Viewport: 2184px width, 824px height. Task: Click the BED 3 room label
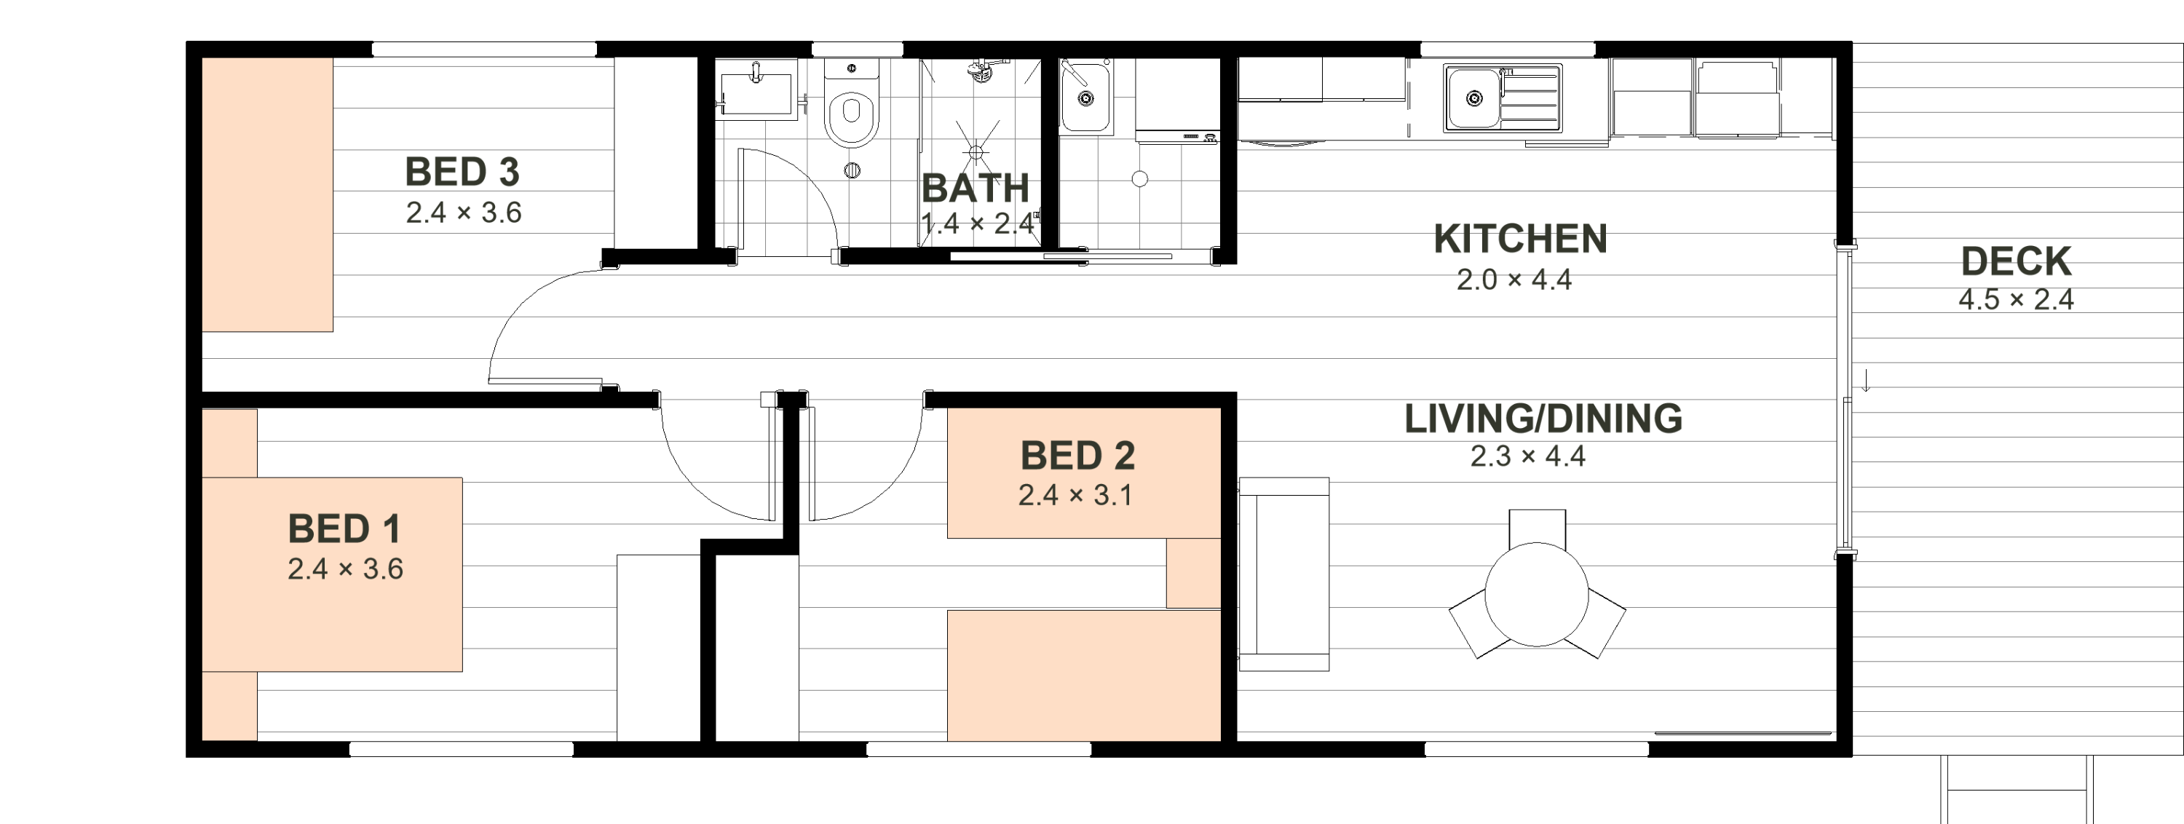pos(462,172)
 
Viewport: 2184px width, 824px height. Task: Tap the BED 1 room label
pos(344,529)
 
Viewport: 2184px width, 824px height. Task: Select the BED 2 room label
pos(1077,456)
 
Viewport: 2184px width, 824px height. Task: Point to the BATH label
pos(975,189)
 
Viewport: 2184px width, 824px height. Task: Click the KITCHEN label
pos(1520,239)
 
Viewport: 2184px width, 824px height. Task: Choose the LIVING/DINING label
pos(1543,419)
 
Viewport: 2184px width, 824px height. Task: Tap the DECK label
pos(2016,261)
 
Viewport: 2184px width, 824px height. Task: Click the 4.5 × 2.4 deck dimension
pos(2016,299)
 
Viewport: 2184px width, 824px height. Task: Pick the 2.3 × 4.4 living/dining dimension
pos(1528,456)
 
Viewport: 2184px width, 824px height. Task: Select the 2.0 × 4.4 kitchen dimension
pos(1514,280)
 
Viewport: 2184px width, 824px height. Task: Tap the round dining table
pos(1536,594)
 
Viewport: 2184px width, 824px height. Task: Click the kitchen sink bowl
pos(1473,99)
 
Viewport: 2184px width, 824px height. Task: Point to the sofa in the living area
pos(1283,574)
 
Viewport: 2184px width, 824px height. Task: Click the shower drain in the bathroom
pos(976,153)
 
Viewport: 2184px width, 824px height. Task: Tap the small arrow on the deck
pos(1866,381)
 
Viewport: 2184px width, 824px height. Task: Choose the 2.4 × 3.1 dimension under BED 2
pos(1075,495)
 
